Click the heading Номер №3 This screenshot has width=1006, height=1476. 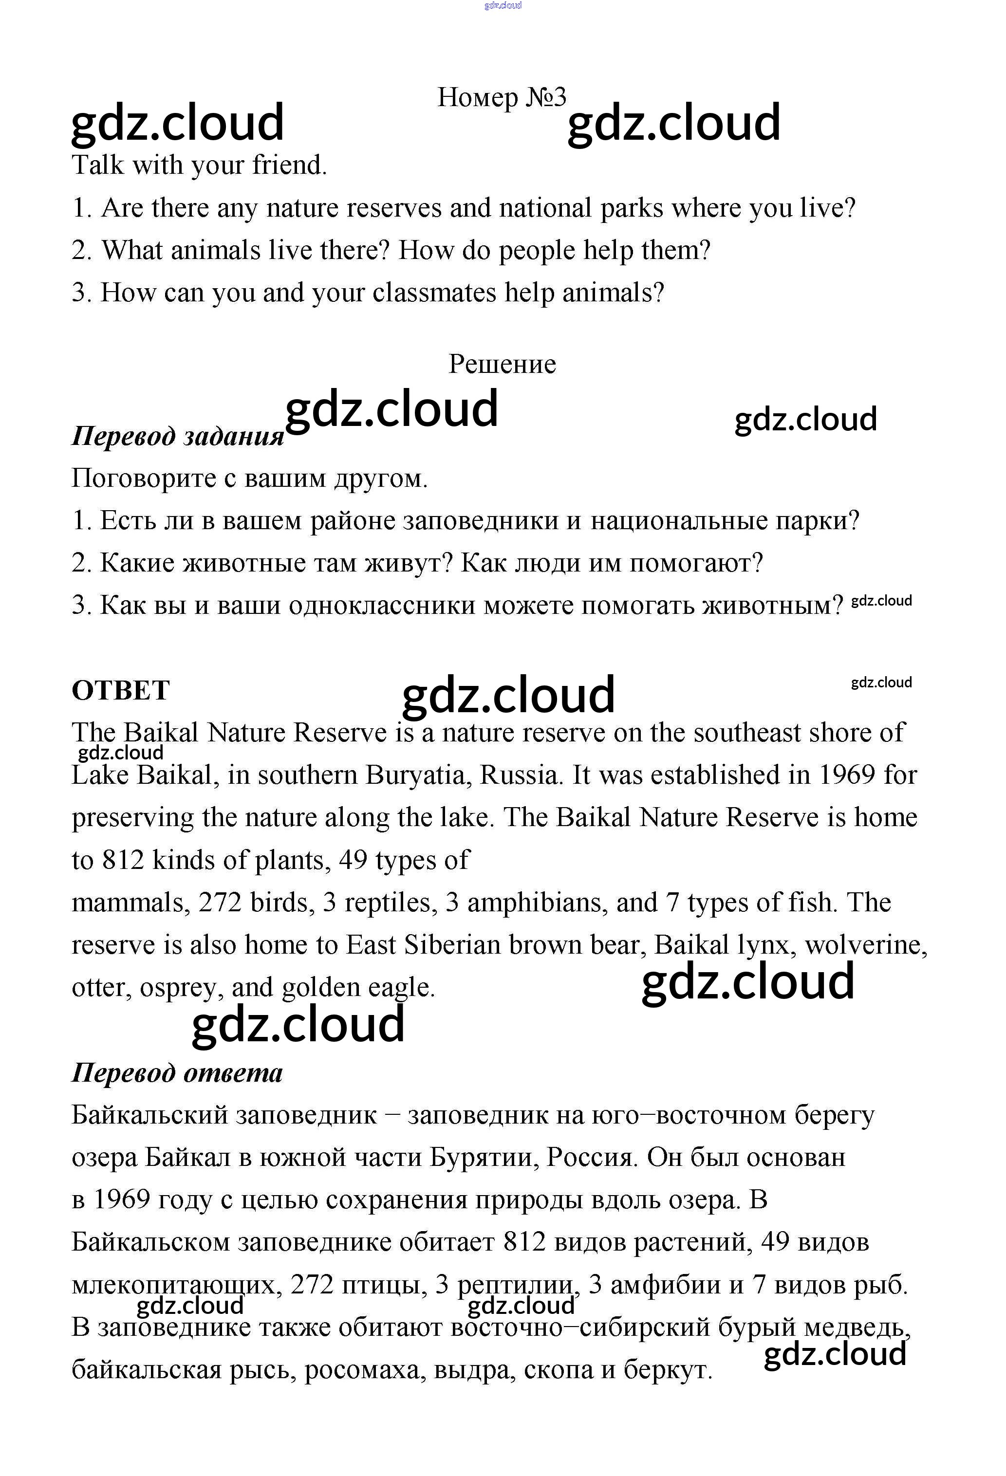click(501, 97)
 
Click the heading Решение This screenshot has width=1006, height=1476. click(502, 364)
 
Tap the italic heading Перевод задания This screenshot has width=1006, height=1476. click(177, 436)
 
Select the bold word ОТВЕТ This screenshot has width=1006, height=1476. click(121, 690)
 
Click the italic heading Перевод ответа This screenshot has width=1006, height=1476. click(177, 1073)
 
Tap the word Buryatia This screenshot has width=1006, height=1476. click(418, 775)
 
